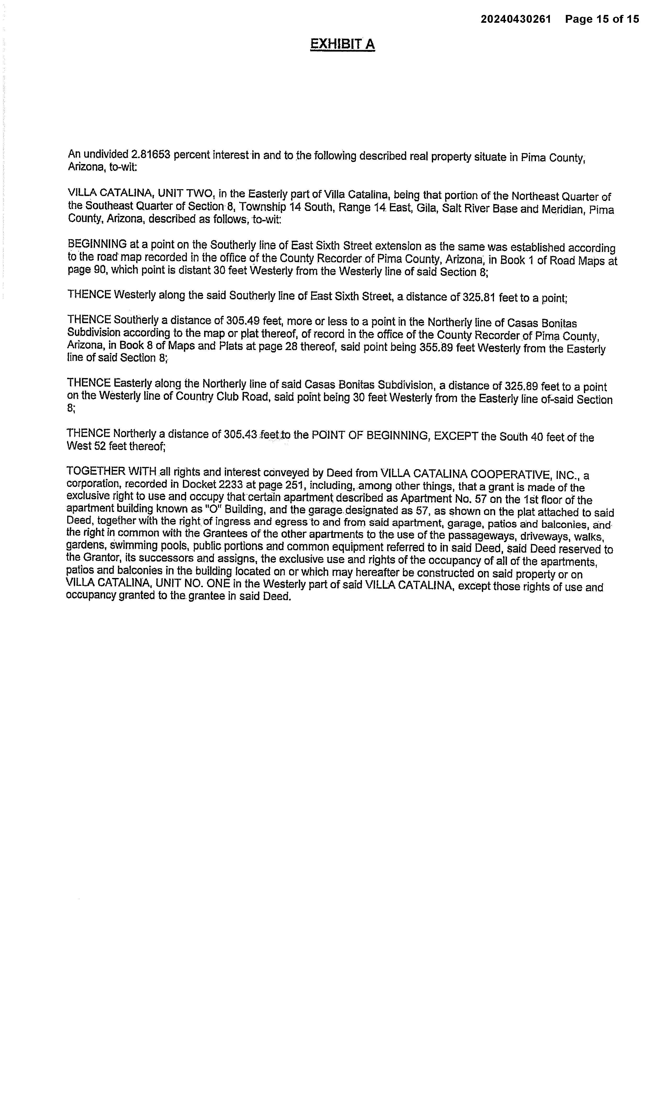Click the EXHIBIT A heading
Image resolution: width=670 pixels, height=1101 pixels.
(342, 44)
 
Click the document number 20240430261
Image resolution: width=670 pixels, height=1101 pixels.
(516, 19)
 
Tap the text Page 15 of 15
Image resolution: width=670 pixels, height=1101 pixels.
(602, 19)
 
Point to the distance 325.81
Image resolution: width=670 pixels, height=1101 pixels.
(479, 297)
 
